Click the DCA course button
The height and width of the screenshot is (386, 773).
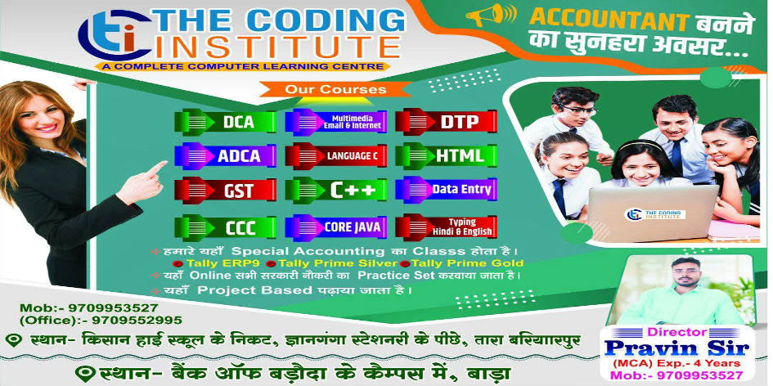click(225, 122)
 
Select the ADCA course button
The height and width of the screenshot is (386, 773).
click(225, 155)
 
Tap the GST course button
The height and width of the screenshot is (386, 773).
click(225, 191)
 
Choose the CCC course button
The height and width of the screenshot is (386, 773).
click(225, 227)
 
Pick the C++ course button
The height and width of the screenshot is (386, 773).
click(336, 191)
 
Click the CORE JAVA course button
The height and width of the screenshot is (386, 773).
click(336, 227)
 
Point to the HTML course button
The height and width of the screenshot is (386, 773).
click(446, 155)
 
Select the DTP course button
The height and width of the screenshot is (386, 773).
click(446, 122)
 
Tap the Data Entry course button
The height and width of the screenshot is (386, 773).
click(446, 189)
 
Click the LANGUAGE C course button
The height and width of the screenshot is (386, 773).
click(336, 155)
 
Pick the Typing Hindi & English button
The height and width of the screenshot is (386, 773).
click(446, 227)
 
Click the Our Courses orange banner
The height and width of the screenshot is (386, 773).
click(335, 89)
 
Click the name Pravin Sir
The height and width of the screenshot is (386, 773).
click(676, 348)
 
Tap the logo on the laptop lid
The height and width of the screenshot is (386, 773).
click(654, 214)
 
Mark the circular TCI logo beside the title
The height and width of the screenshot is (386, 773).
click(115, 35)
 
